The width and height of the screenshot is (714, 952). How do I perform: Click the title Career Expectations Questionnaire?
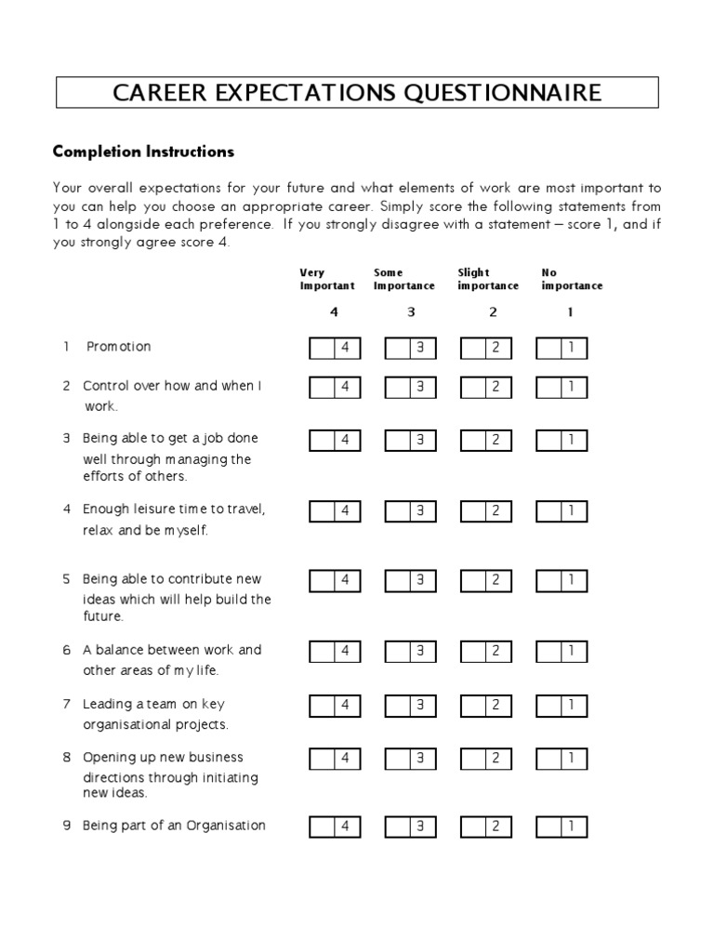coord(357,93)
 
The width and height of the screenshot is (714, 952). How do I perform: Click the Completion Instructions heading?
coord(143,151)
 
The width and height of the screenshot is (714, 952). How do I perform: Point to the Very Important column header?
coord(327,279)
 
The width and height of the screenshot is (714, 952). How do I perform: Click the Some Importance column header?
coord(404,279)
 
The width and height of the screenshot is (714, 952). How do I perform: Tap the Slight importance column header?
coord(488,279)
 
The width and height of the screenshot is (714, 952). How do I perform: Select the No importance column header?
coord(572,279)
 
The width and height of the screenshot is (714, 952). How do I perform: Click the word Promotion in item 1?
coord(118,347)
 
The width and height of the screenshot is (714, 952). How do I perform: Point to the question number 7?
coord(67,705)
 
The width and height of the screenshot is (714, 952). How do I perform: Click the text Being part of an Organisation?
coord(174,826)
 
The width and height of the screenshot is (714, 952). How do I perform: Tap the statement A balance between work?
coord(172,650)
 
